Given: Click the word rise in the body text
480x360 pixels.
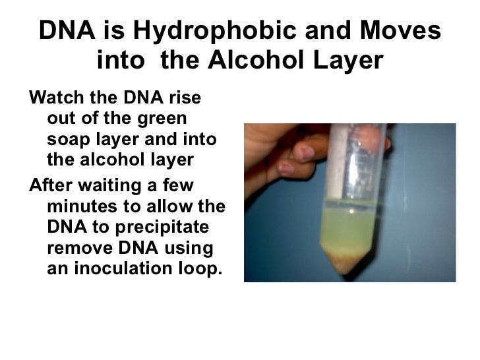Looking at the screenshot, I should click(187, 100).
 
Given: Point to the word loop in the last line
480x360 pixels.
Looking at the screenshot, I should click(199, 269).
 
